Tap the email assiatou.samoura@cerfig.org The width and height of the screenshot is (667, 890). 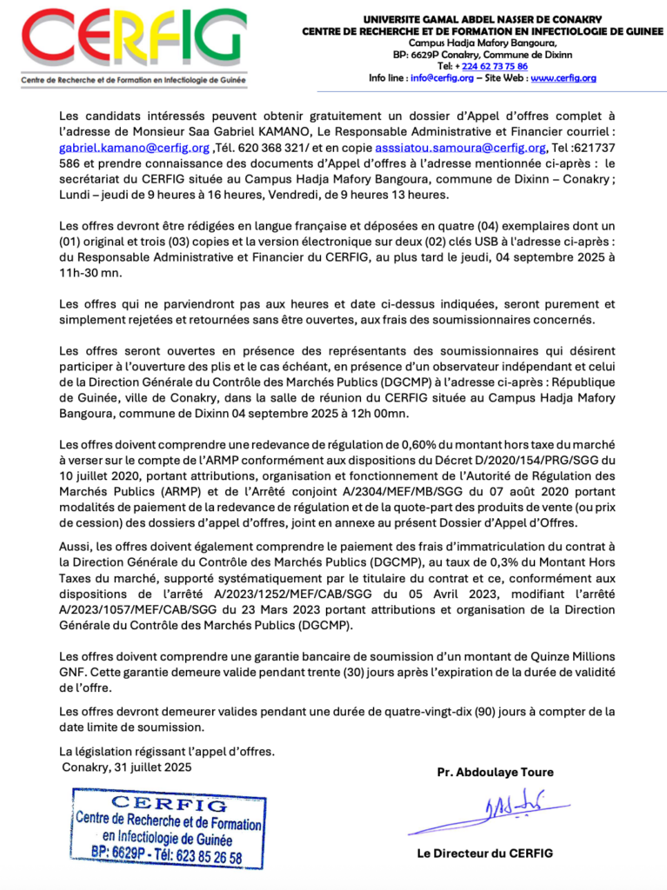pyautogui.click(x=460, y=148)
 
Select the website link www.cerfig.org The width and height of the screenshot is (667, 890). pyautogui.click(x=563, y=78)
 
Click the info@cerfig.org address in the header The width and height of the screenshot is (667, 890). pyautogui.click(x=442, y=78)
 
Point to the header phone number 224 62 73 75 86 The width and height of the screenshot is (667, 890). pyautogui.click(x=494, y=66)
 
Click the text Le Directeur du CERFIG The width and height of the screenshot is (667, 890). pyautogui.click(x=484, y=853)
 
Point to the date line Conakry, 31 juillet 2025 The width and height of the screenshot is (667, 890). pyautogui.click(x=127, y=767)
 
